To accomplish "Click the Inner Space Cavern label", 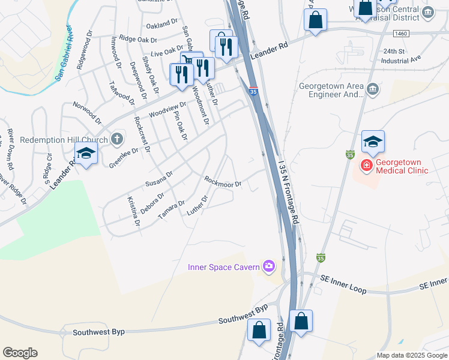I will (x=223, y=267).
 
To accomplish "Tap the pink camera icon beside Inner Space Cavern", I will (x=269, y=266).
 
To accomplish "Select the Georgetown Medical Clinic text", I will (x=402, y=166).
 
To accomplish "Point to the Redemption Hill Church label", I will (x=64, y=140).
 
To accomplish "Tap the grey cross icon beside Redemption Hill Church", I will (x=117, y=140).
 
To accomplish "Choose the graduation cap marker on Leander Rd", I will (x=86, y=154).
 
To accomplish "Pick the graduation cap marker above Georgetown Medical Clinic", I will (x=373, y=142).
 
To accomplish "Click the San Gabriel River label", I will (x=64, y=53).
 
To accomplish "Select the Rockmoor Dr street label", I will (x=223, y=181).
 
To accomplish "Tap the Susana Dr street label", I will (x=158, y=178).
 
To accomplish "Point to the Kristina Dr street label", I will (x=133, y=211).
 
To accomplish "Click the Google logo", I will (x=20, y=352).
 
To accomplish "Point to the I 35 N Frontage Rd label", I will (x=288, y=191).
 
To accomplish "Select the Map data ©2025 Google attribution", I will (x=411, y=355).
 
